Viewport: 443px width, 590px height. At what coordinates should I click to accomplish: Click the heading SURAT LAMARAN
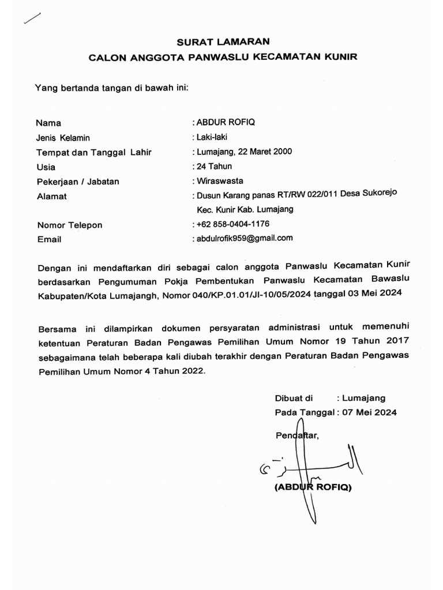(x=222, y=41)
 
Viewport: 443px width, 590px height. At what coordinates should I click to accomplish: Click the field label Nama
(x=48, y=123)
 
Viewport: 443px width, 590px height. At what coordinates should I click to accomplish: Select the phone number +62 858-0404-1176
(x=233, y=224)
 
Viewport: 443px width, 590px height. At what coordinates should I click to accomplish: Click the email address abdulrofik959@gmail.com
(x=245, y=238)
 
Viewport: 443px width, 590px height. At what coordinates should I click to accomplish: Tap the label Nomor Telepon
(x=69, y=225)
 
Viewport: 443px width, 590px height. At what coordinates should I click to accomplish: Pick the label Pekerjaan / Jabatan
(x=77, y=181)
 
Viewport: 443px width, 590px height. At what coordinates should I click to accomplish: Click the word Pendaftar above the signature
(x=296, y=436)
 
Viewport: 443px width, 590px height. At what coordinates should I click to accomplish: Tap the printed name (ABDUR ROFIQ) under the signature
(x=313, y=487)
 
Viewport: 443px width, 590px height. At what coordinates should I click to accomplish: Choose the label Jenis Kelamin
(x=63, y=138)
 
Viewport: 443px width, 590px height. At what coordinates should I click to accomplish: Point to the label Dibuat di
(x=294, y=398)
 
